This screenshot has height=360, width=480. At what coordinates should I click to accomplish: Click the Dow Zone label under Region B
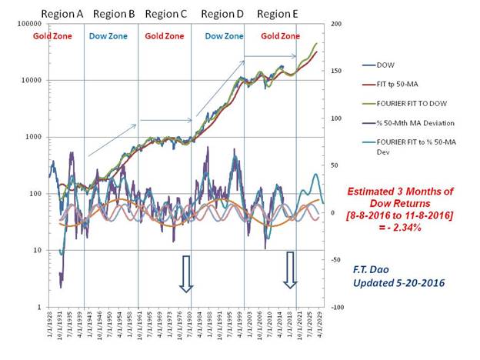point(108,36)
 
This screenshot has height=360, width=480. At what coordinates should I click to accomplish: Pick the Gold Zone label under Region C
point(164,36)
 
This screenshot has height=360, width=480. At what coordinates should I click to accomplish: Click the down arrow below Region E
point(290,269)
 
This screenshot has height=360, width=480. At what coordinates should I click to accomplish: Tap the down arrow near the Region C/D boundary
point(185,273)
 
